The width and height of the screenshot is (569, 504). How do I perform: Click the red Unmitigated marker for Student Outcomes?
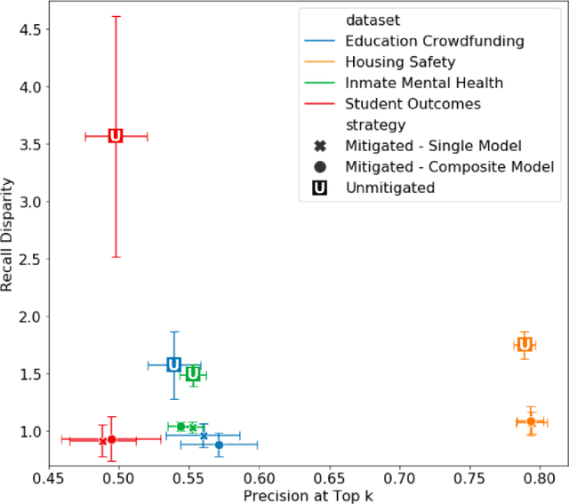tap(116, 136)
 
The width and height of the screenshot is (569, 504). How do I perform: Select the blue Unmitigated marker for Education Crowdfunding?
tap(174, 364)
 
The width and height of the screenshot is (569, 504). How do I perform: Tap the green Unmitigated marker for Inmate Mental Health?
tap(193, 375)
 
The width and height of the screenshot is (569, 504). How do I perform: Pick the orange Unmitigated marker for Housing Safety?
tap(525, 344)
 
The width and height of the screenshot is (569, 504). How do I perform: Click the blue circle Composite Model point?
tap(219, 444)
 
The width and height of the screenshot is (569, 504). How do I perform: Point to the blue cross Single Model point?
tap(204, 436)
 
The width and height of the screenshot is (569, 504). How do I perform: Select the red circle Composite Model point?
tap(111, 439)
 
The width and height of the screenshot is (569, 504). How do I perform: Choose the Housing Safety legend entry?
tap(400, 61)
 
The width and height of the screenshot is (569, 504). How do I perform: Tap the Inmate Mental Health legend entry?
tap(424, 83)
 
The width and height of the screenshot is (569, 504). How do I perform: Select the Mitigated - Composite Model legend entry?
tap(449, 167)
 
